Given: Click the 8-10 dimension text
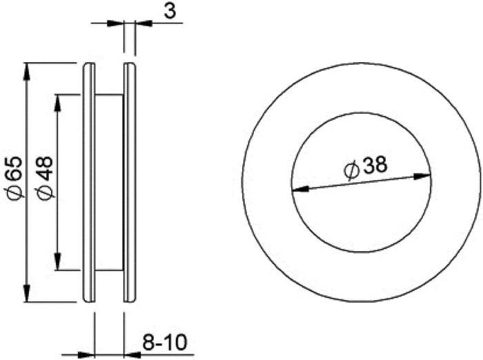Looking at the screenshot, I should click(x=166, y=341).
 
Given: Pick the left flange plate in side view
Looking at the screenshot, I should click(x=88, y=183).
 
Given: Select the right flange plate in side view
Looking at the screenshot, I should click(x=130, y=183).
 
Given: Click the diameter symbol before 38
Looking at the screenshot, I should click(x=349, y=170).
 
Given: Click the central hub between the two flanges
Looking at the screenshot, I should click(x=108, y=183).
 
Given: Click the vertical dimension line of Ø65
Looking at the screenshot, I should click(x=27, y=138).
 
